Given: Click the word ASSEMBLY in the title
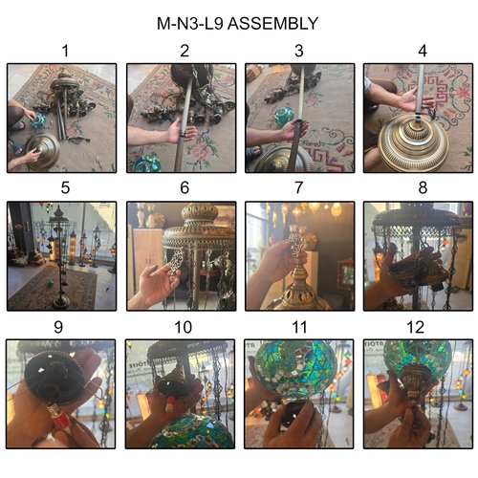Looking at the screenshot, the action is (272, 24).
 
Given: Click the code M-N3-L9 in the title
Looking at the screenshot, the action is (189, 24).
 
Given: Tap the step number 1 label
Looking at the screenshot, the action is (65, 51).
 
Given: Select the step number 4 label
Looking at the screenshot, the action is (423, 51).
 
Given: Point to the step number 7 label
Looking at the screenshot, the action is (298, 187).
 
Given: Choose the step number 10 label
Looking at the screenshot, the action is (184, 327).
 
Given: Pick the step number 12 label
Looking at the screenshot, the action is (416, 327).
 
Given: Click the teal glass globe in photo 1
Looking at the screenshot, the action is (38, 120).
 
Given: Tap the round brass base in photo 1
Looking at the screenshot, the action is (43, 151).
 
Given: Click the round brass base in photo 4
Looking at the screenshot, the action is (413, 141).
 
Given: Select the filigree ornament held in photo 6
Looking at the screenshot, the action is (175, 263).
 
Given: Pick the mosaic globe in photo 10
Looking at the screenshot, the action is (192, 431).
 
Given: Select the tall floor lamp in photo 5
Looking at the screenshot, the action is (59, 256).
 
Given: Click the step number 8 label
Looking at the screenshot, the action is (423, 187).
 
